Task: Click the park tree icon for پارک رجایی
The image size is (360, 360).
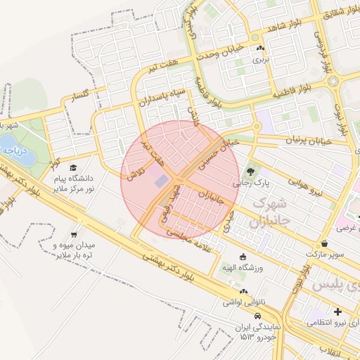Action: pos(249,171)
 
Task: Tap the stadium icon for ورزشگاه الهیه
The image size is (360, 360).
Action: pos(243,257)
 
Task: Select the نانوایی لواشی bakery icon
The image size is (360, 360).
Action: pos(243,291)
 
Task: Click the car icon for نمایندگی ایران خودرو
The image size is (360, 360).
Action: pos(258,316)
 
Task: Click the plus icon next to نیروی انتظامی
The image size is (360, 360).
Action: pos(338,311)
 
